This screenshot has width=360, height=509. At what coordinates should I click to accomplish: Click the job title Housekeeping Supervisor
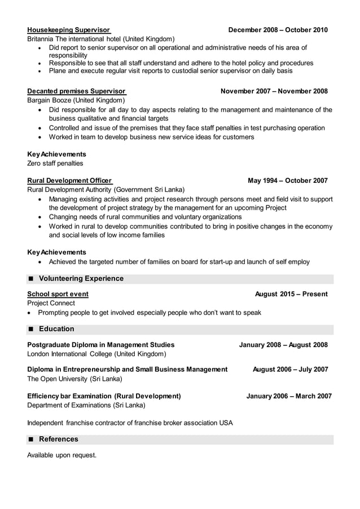point(68,29)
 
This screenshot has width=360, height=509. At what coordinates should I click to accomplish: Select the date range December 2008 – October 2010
point(278,29)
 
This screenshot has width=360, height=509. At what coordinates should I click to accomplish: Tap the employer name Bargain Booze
point(51,100)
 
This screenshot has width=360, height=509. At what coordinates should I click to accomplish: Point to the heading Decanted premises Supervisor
point(76,91)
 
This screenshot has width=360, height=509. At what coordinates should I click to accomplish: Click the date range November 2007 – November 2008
point(274,91)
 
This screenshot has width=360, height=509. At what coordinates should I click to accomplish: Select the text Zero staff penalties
point(55,163)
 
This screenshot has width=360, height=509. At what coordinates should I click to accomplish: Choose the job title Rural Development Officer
point(69,181)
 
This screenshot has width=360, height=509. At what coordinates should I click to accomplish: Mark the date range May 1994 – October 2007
point(287,181)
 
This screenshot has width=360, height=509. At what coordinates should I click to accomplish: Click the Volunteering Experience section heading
point(81,278)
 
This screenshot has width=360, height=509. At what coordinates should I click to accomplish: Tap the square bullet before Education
point(31,329)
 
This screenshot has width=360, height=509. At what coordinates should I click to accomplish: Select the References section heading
point(58,439)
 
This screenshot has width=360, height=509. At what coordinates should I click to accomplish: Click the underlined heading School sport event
point(58,294)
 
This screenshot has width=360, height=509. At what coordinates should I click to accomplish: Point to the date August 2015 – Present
point(291,294)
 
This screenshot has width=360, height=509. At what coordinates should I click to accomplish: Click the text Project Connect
point(51,303)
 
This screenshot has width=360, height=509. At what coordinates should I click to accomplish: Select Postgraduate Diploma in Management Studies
point(101,345)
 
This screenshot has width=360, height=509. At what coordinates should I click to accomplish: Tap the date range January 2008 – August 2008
point(283,345)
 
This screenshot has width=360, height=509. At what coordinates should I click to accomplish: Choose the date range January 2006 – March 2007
point(289,396)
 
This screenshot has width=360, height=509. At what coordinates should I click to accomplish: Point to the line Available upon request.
point(62,455)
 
